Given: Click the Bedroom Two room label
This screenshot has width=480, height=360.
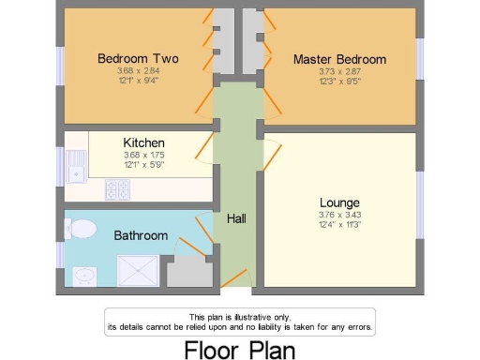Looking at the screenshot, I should click(138, 58).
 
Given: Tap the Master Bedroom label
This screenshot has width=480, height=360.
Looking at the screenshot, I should click(338, 59).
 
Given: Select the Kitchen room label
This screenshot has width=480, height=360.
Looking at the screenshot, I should click(143, 142).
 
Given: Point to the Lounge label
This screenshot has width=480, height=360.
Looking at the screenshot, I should click(339, 202).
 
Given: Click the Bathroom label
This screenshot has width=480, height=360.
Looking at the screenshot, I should click(141, 235).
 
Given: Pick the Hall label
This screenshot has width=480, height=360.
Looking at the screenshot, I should click(236, 218).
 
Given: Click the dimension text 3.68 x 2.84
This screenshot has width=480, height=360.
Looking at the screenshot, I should click(138, 70).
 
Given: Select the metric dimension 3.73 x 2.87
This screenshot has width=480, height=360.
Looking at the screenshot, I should click(338, 71).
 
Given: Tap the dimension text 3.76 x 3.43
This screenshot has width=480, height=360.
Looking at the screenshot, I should click(339, 214).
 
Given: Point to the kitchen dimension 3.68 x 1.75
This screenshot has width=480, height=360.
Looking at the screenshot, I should click(143, 155).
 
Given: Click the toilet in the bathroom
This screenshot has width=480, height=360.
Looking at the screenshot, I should click(82, 228).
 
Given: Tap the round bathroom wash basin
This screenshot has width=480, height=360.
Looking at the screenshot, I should click(86, 276).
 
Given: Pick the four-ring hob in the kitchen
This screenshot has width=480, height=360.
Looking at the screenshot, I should click(118, 189).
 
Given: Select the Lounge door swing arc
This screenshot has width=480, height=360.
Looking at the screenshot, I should click(273, 149).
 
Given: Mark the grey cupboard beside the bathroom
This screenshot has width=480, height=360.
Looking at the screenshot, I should click(187, 273).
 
